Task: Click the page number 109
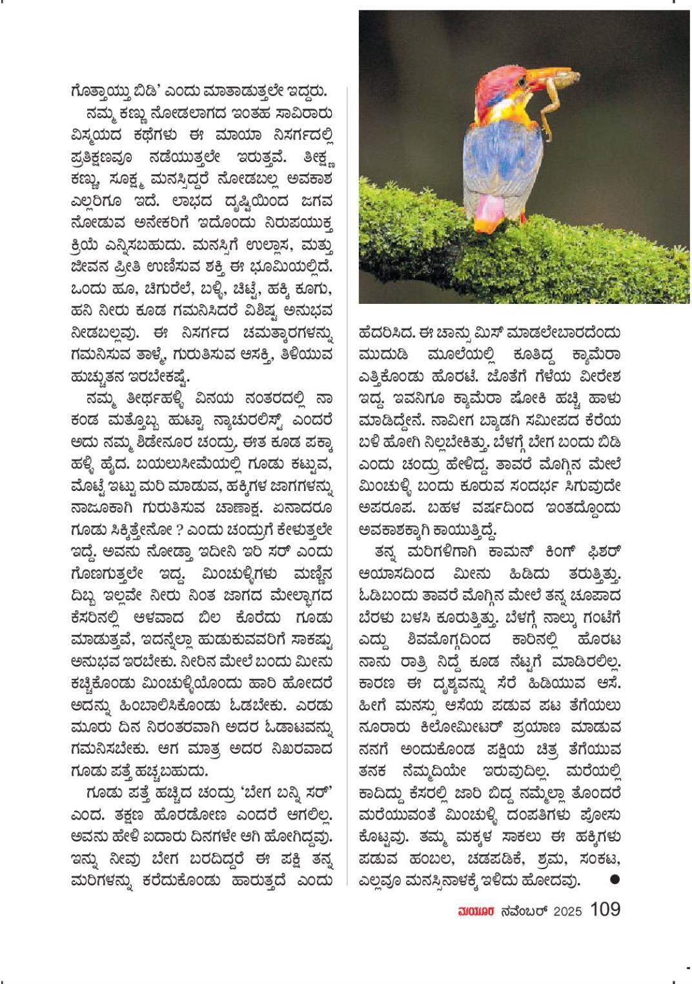[605, 910]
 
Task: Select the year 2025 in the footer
[567, 911]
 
